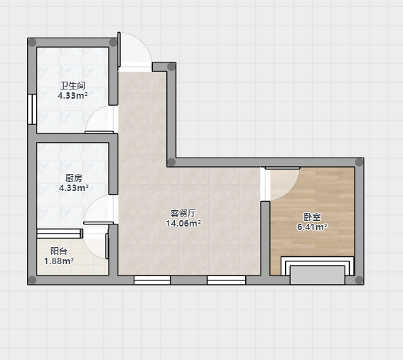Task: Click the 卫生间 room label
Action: (72, 85)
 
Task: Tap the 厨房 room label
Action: (74, 178)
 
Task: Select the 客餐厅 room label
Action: (183, 213)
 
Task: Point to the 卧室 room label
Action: (312, 217)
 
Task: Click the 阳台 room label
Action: (59, 251)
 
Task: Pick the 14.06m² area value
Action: (183, 224)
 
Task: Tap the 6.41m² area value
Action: (312, 227)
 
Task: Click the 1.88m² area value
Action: (59, 261)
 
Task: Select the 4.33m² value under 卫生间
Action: (72, 96)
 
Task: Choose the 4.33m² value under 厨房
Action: (74, 187)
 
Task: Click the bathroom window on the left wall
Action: (32, 109)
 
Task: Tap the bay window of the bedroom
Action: (318, 270)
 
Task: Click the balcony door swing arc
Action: (90, 251)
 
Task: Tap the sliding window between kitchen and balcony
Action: (60, 234)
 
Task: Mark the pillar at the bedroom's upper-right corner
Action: (359, 163)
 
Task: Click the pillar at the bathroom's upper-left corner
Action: (32, 43)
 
